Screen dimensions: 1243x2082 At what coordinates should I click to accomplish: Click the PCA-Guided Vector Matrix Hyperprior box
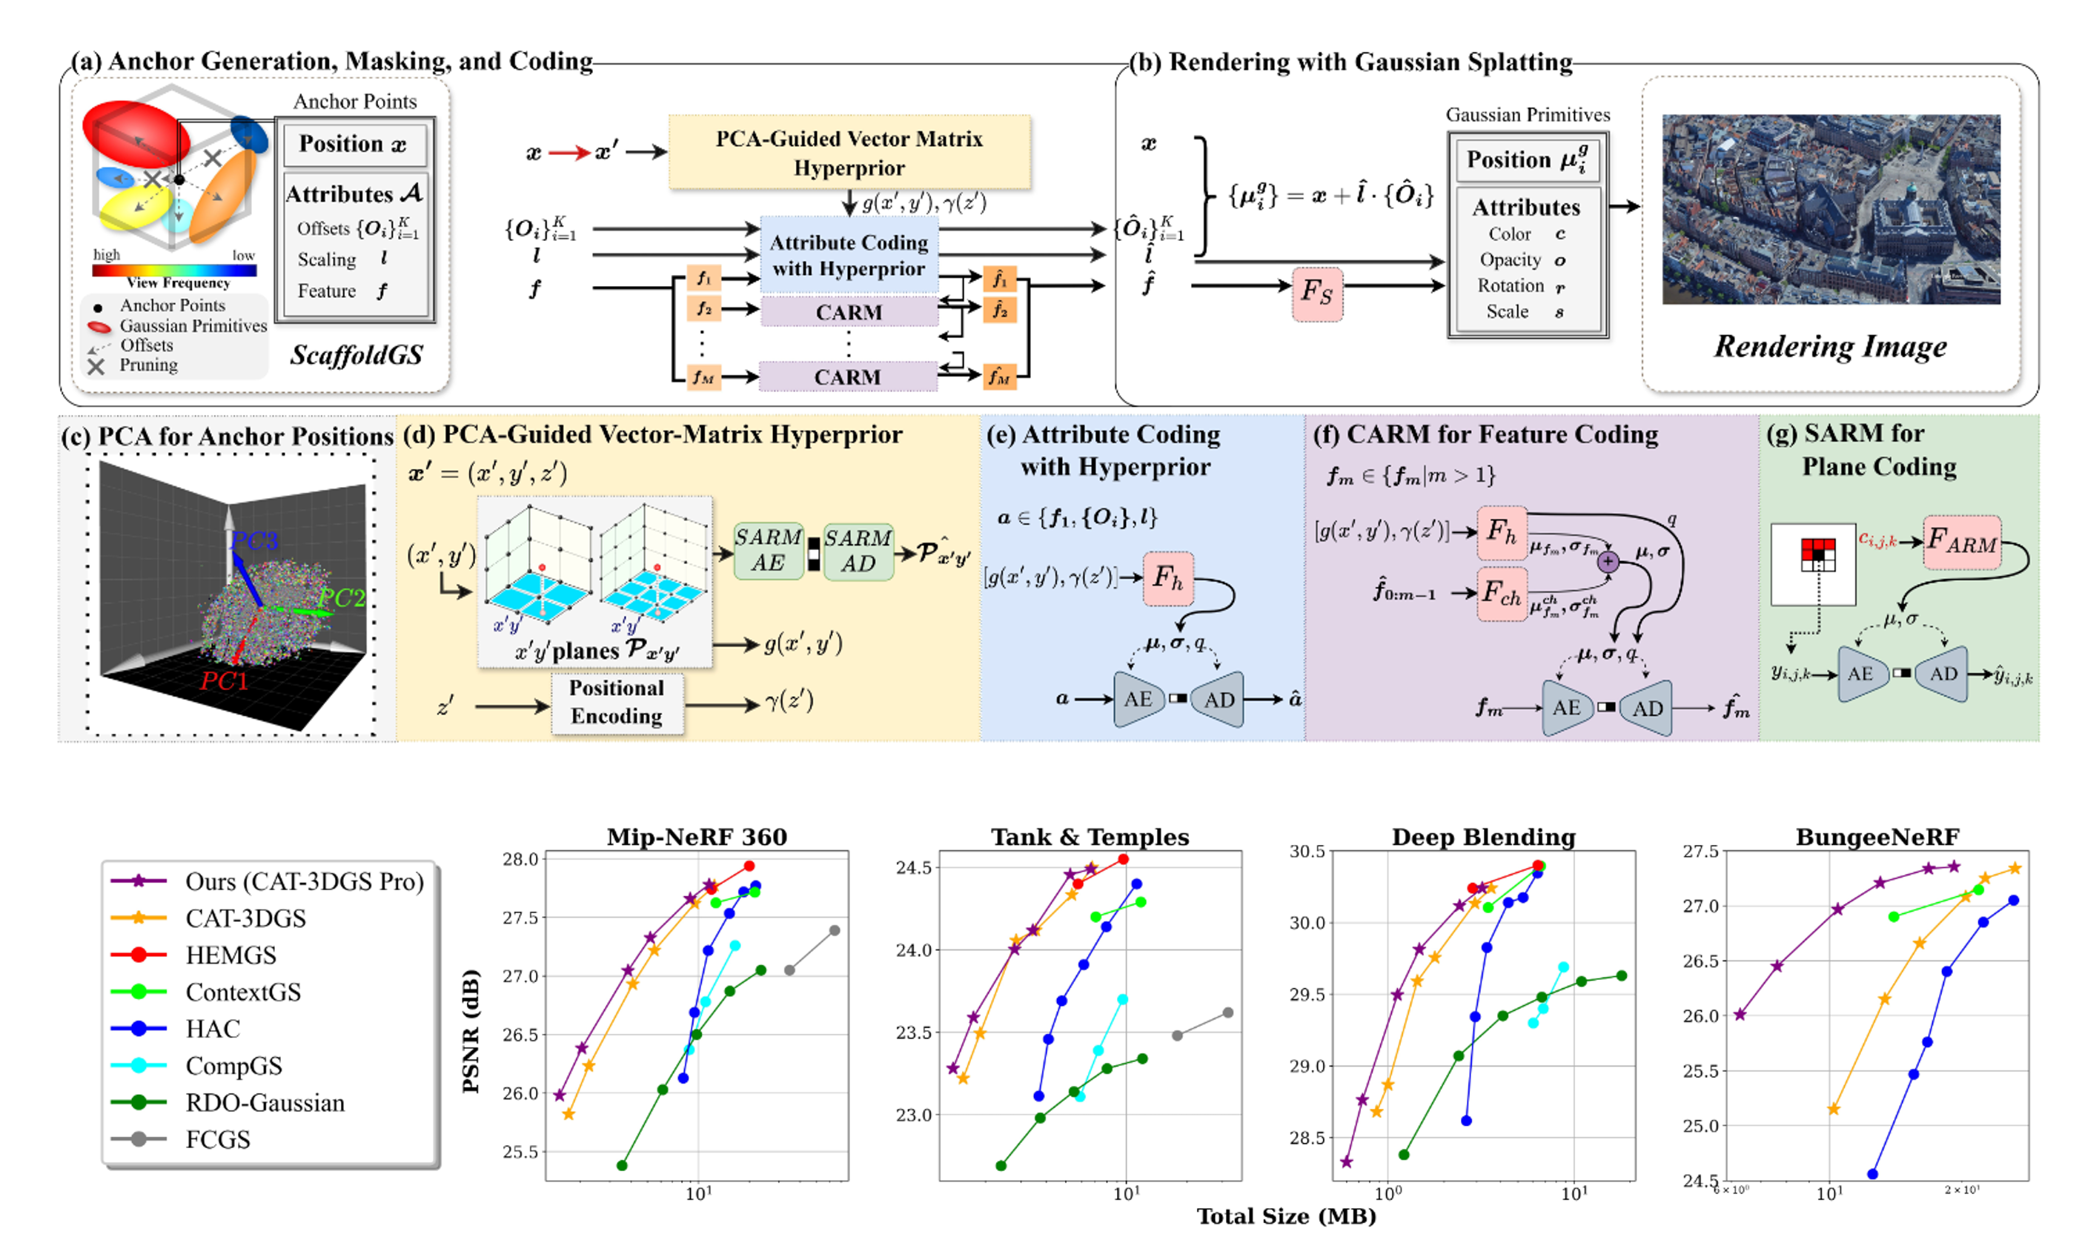pyautogui.click(x=849, y=153)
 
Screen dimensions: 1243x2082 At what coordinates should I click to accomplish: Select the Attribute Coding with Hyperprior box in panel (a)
pyautogui.click(x=849, y=255)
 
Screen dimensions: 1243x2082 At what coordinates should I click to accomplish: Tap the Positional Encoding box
pyautogui.click(x=617, y=702)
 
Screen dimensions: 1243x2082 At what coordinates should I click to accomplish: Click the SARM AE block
pyautogui.click(x=768, y=550)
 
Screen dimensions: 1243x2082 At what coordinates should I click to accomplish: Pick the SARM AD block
pyautogui.click(x=858, y=550)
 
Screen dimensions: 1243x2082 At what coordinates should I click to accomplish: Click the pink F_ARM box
pyautogui.click(x=1961, y=542)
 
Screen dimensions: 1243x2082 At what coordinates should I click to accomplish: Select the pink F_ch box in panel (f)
pyautogui.click(x=1502, y=594)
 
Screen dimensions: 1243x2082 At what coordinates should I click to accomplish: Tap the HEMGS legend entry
pyautogui.click(x=231, y=955)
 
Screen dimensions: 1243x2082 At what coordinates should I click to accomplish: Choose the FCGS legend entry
pyautogui.click(x=218, y=1139)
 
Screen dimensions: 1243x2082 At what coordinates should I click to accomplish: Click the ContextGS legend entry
pyautogui.click(x=243, y=992)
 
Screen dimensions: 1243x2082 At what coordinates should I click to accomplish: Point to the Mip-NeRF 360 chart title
pyautogui.click(x=697, y=837)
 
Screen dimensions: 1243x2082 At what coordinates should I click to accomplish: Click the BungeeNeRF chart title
pyautogui.click(x=1877, y=837)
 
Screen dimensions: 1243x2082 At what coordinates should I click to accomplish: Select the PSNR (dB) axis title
pyautogui.click(x=471, y=1031)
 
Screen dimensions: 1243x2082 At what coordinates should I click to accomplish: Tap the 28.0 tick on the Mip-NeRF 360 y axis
pyautogui.click(x=520, y=859)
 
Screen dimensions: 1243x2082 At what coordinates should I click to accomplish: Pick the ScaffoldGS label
pyautogui.click(x=356, y=355)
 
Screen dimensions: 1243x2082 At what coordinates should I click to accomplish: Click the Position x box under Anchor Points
pyautogui.click(x=354, y=144)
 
